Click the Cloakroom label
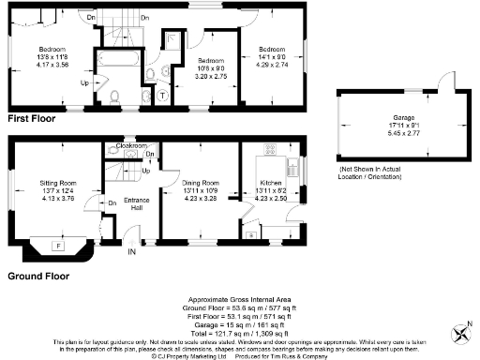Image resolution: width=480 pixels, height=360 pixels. click(131, 147)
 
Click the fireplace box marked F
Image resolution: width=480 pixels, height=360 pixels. click(59, 246)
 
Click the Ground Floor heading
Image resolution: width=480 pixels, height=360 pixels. click(39, 277)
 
